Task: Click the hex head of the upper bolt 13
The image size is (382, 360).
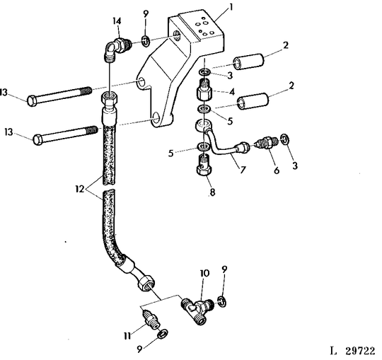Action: pos(33,100)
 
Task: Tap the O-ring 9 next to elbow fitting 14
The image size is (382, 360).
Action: pos(144,39)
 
